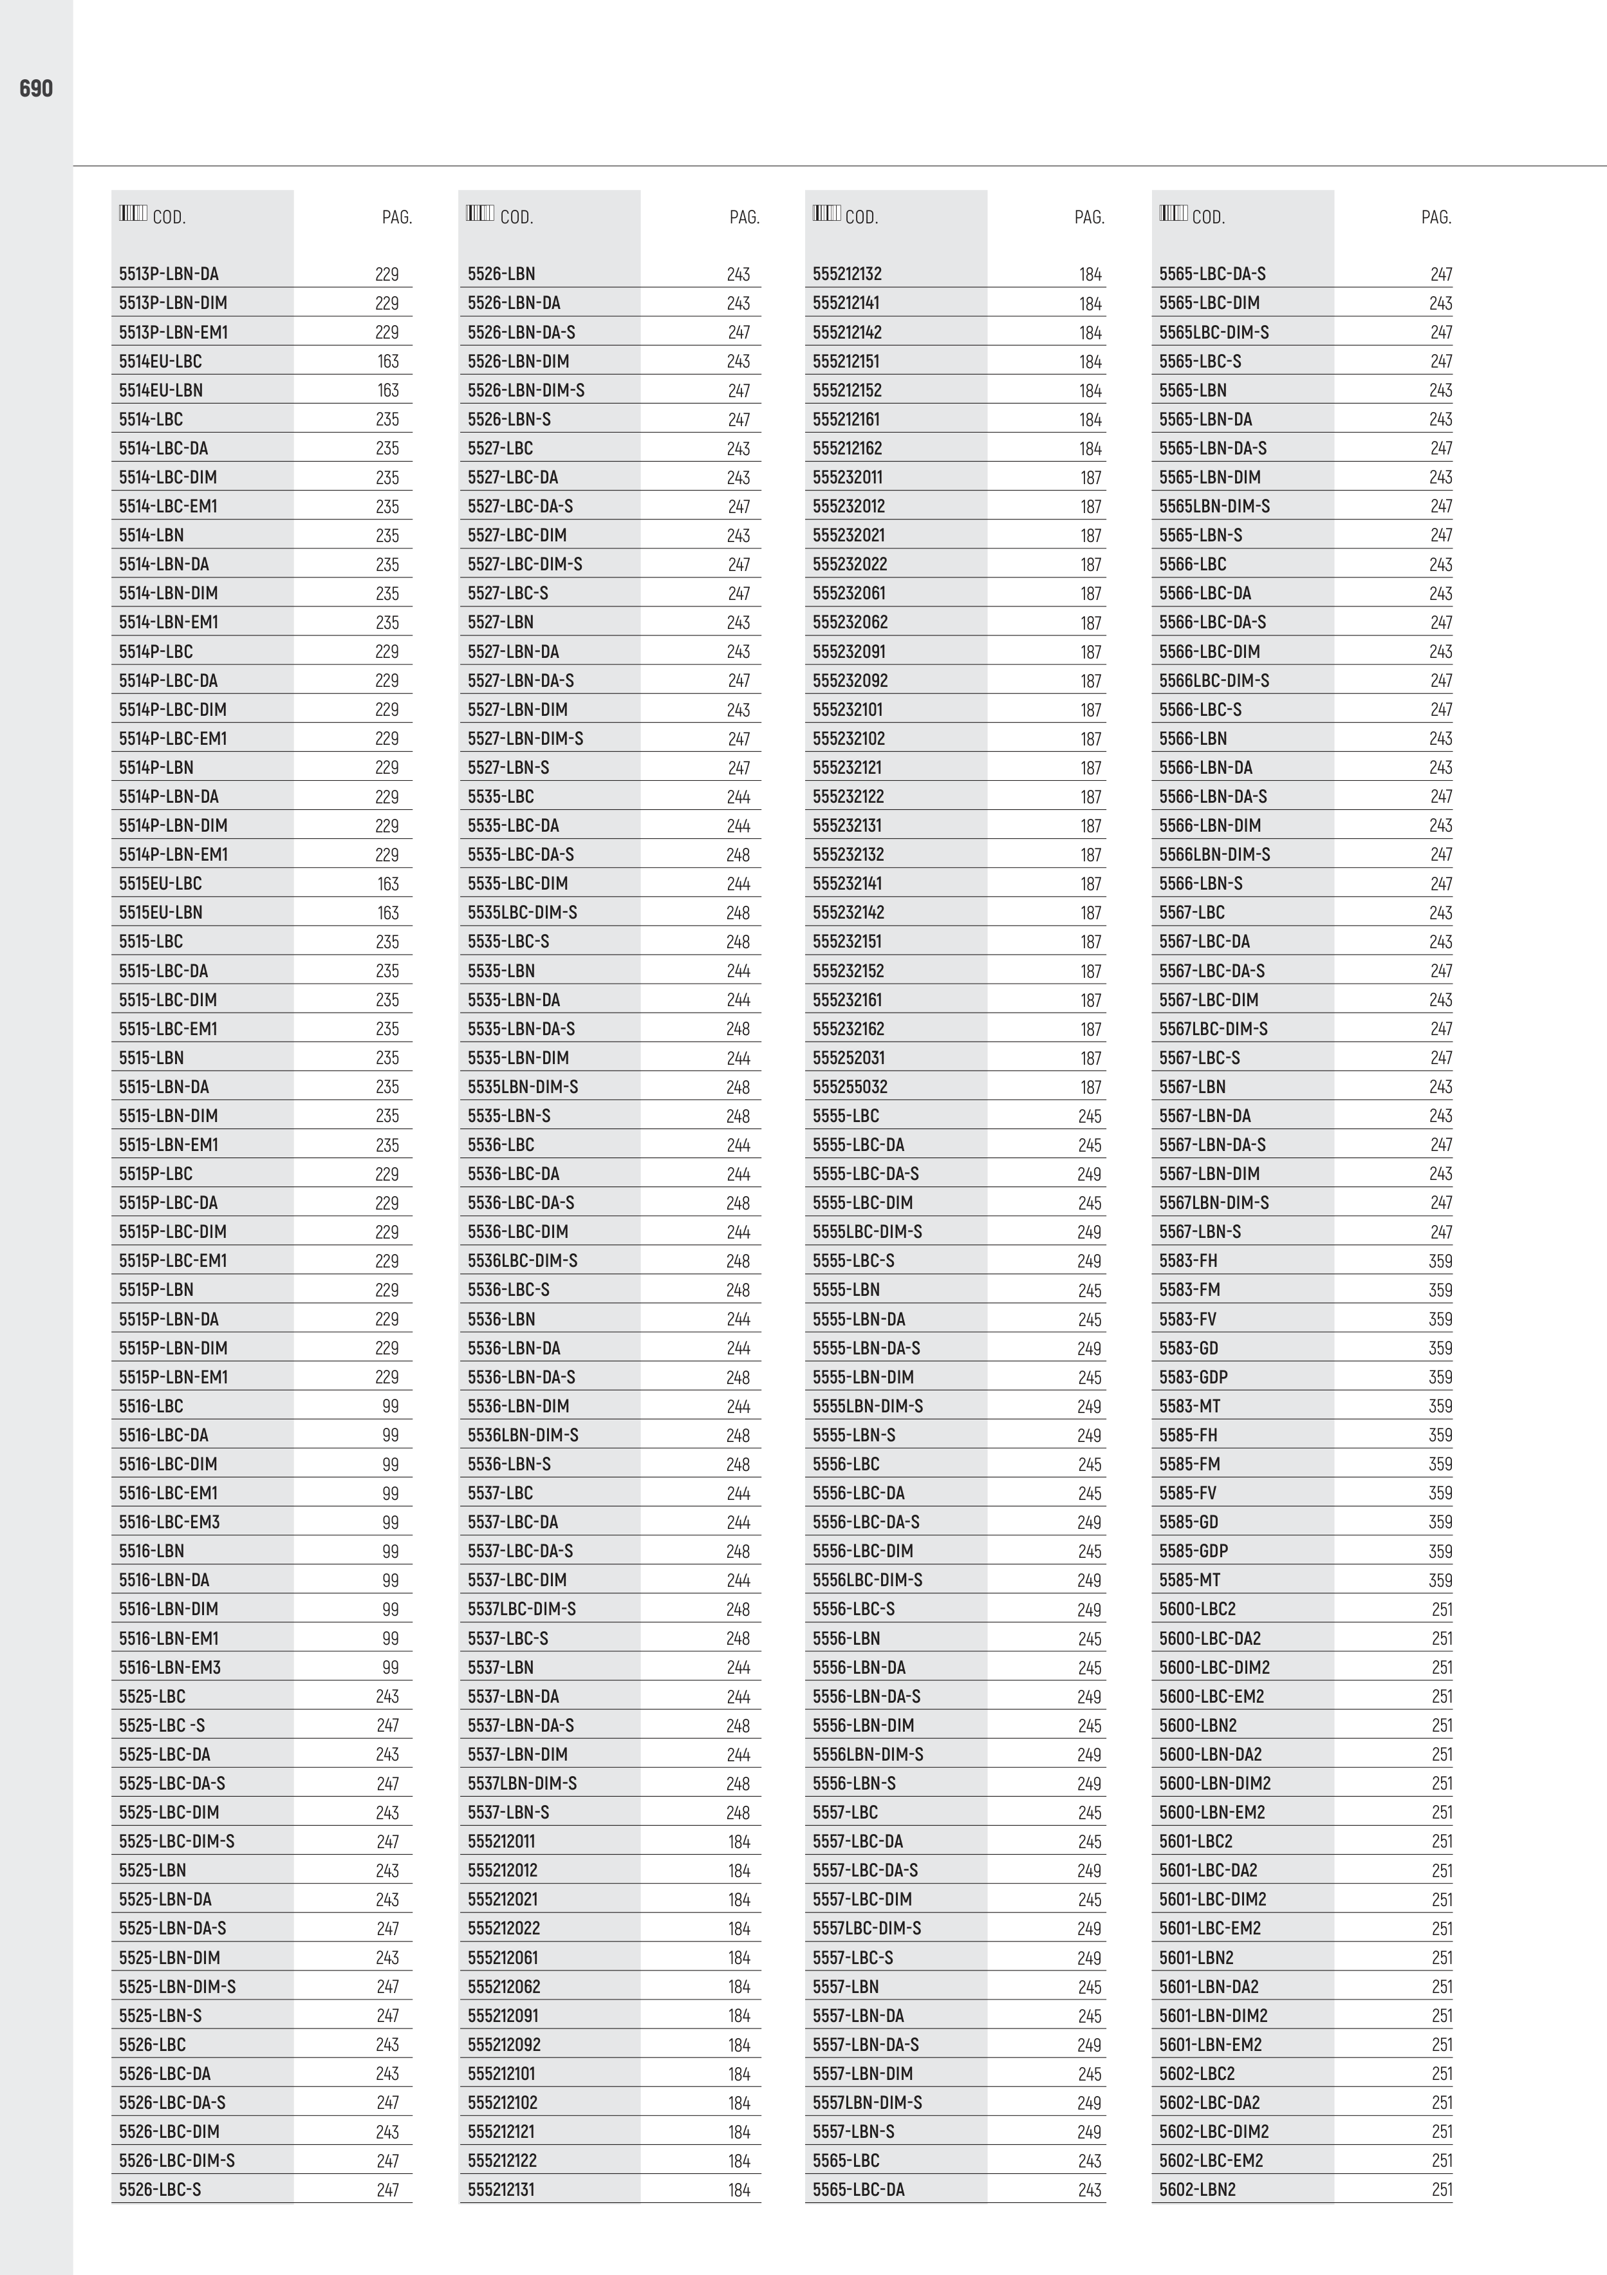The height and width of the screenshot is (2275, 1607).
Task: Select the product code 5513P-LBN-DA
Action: (x=169, y=274)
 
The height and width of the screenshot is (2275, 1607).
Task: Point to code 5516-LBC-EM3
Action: (x=169, y=1522)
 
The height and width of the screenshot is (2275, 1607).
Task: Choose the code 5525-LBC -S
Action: (x=162, y=1725)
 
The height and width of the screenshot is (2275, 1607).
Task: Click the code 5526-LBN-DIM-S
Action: (x=526, y=390)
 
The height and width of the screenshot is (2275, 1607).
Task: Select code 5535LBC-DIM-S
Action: (x=522, y=913)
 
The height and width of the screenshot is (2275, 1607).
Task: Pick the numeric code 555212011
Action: (x=501, y=1841)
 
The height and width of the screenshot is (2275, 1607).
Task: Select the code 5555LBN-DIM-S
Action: (x=868, y=1406)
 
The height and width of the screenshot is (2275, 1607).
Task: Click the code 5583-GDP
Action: (x=1193, y=1377)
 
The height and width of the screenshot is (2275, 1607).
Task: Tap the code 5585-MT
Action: (x=1190, y=1580)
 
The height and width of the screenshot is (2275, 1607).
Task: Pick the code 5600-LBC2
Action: (x=1198, y=1609)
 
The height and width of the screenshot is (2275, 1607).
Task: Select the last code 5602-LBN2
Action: (x=1198, y=2190)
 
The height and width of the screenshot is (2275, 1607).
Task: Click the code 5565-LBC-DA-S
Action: (x=1212, y=274)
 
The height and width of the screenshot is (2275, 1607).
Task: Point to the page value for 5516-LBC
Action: (x=391, y=1406)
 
